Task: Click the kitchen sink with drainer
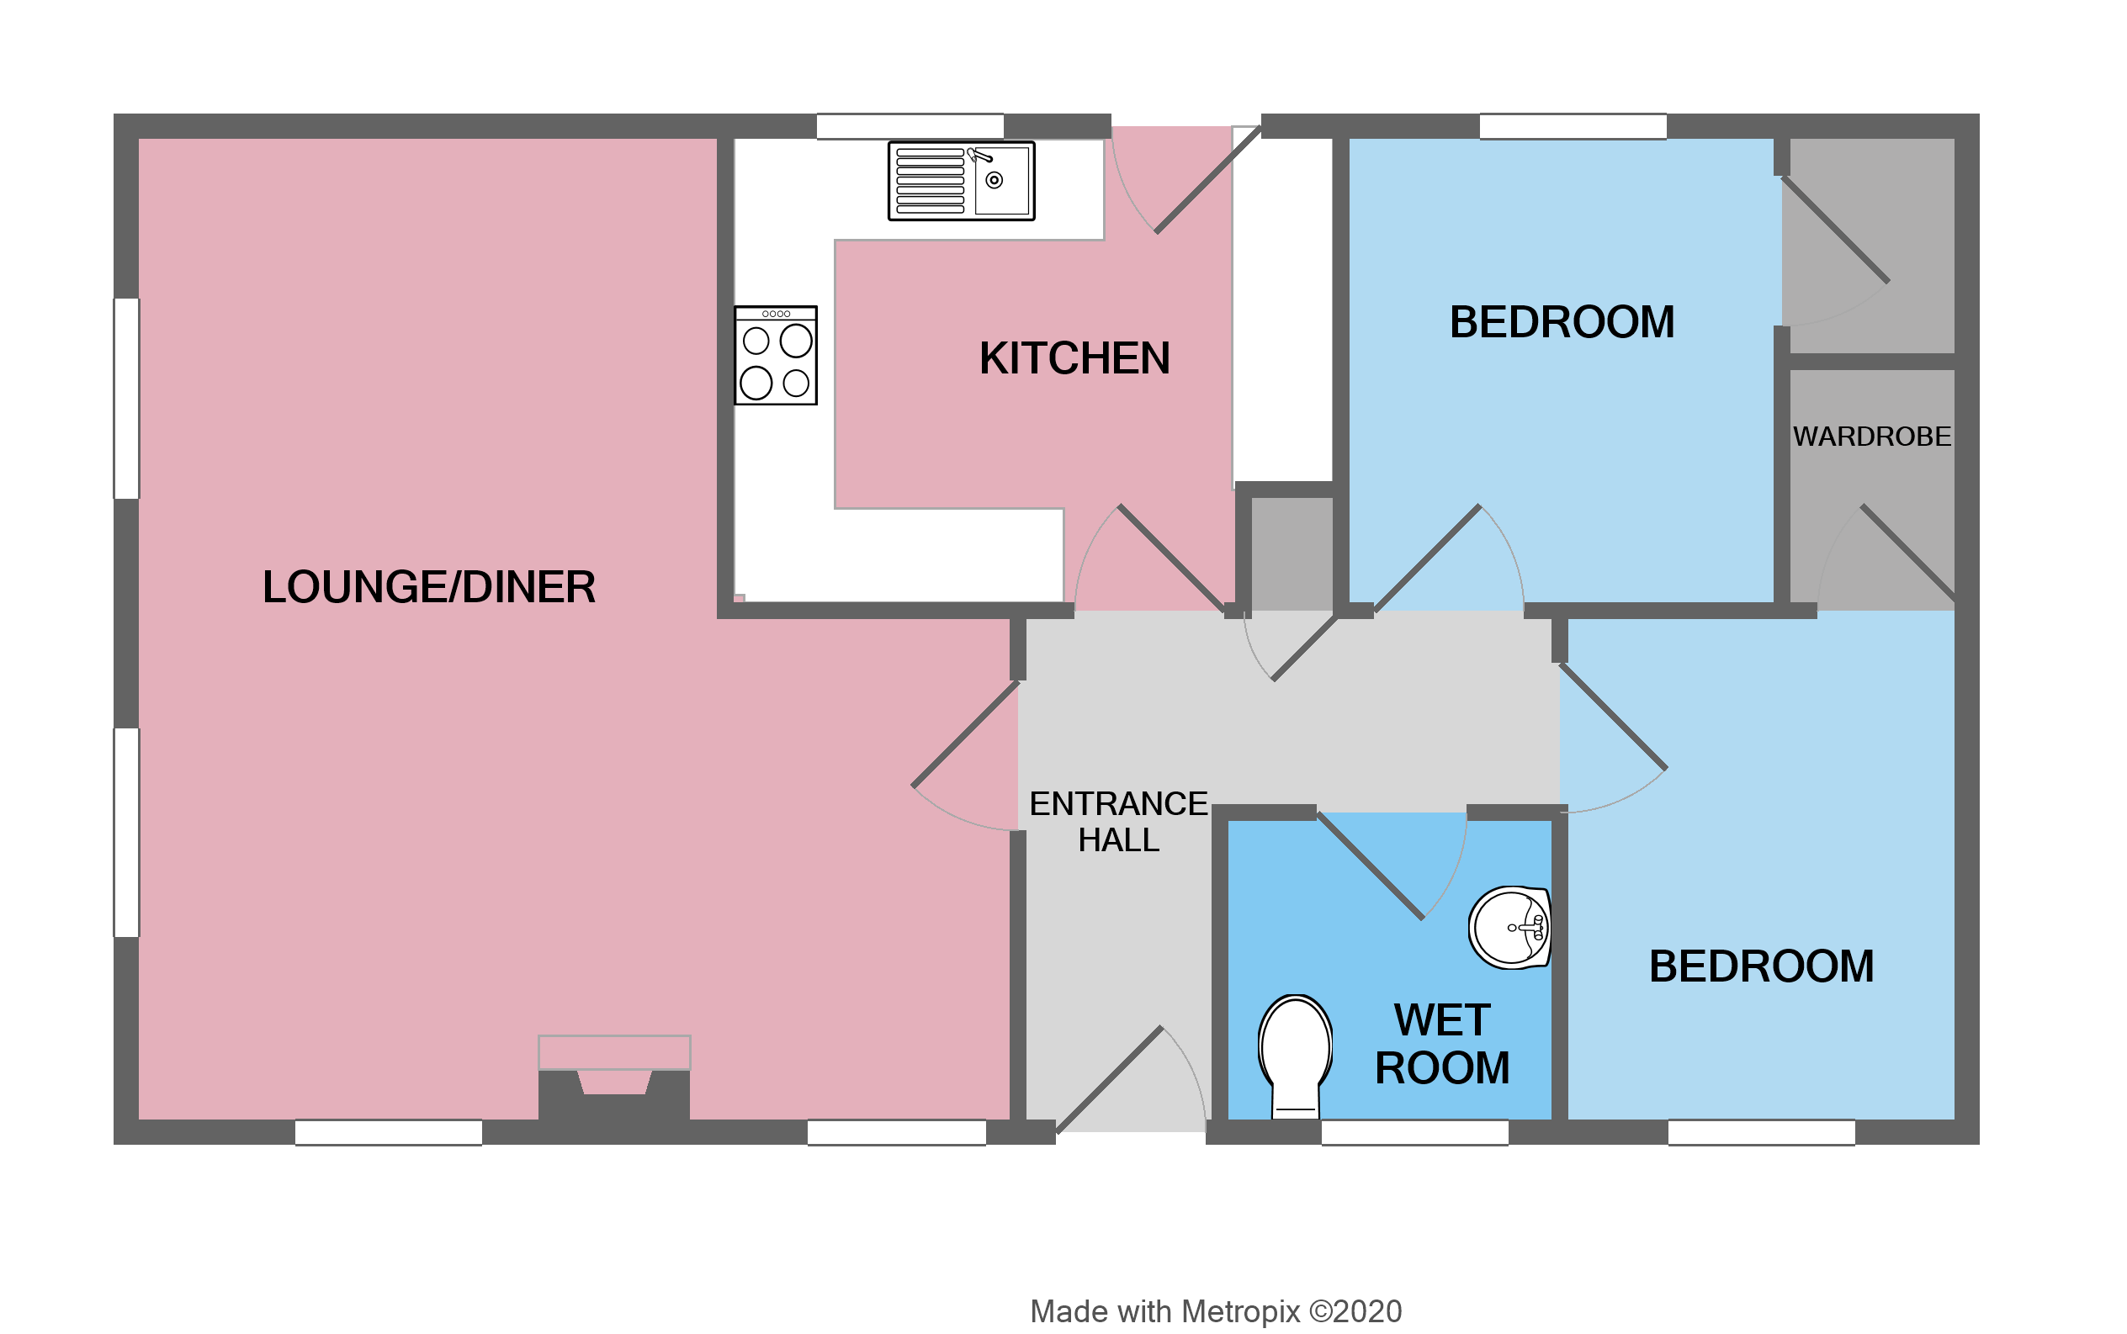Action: pyautogui.click(x=960, y=181)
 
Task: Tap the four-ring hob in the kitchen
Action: pyautogui.click(x=775, y=355)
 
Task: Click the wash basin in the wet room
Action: pyautogui.click(x=1509, y=928)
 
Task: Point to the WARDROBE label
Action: pyautogui.click(x=1871, y=437)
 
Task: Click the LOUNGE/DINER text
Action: pyautogui.click(x=429, y=587)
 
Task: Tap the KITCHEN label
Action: pyautogui.click(x=1074, y=358)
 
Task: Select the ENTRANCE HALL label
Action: pyautogui.click(x=1118, y=822)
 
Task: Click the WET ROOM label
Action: pyautogui.click(x=1442, y=1044)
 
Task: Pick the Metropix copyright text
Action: pyautogui.click(x=1215, y=1312)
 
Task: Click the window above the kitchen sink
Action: pyautogui.click(x=909, y=126)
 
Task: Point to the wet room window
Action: pyautogui.click(x=1414, y=1132)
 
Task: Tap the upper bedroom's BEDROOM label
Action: pyautogui.click(x=1562, y=322)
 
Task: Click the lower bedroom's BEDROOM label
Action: pyautogui.click(x=1761, y=966)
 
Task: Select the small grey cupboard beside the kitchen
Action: pyautogui.click(x=1292, y=553)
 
